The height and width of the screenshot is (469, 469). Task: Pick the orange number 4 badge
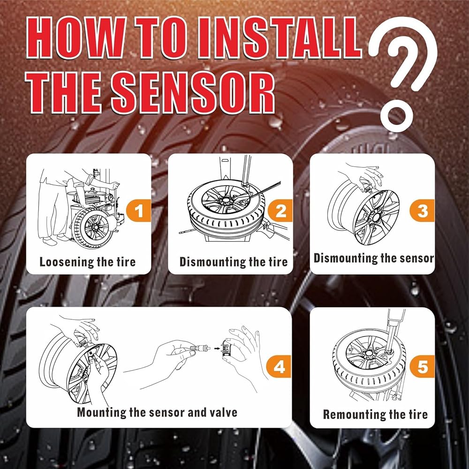279,367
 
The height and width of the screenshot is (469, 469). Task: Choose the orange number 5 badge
422,367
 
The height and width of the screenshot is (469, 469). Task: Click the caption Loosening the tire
87,262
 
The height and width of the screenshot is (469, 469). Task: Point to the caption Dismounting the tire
233,262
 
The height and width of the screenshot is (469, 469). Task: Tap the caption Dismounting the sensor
374,258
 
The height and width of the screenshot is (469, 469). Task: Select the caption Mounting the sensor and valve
157,413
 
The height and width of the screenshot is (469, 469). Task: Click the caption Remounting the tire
375,414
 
